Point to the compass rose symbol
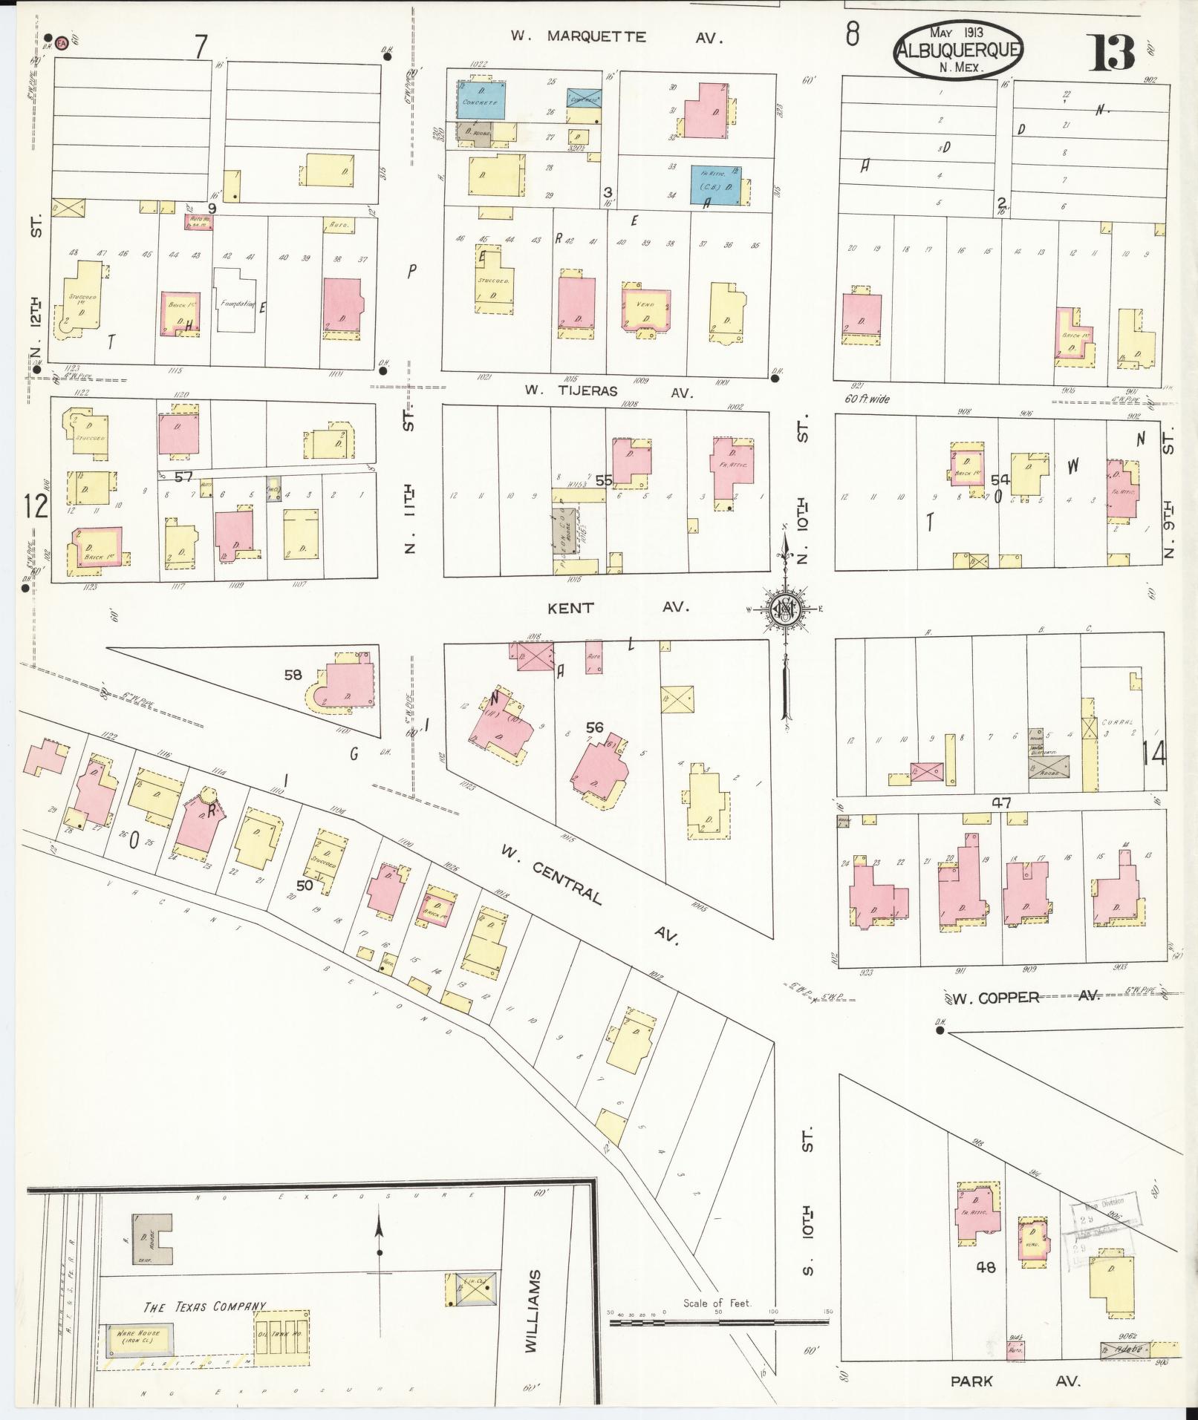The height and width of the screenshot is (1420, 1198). tap(785, 610)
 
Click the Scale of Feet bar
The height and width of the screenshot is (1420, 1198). tap(718, 1322)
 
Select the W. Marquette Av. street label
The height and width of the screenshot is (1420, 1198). tap(616, 36)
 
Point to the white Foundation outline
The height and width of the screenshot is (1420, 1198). tap(235, 300)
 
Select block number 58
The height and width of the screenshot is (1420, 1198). tap(293, 675)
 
